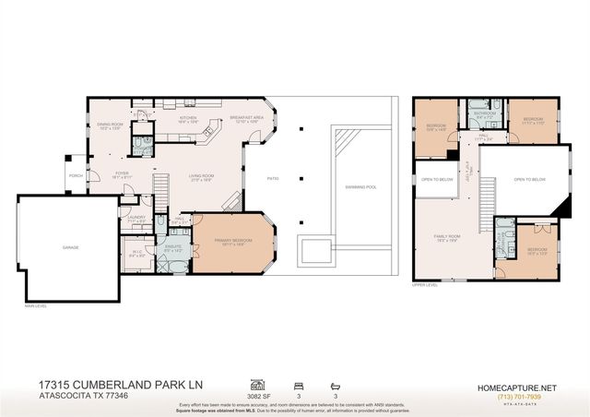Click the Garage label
(71, 248)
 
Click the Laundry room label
(136, 219)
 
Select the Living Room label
(203, 178)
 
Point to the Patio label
(273, 178)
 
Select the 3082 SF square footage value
(259, 395)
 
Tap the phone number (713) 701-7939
(517, 396)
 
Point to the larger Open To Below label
(530, 179)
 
